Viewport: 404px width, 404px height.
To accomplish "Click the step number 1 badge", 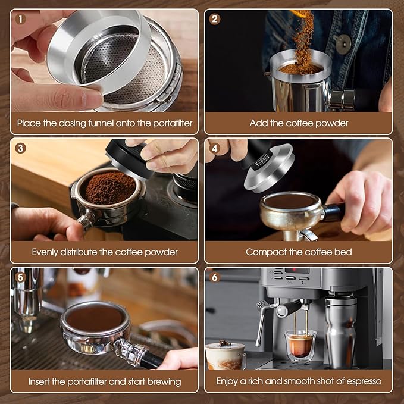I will click(21, 18).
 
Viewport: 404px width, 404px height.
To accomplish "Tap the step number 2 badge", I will click(215, 18).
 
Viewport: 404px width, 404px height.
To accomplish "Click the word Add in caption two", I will click(258, 123).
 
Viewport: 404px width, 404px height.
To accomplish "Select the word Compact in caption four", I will click(264, 252).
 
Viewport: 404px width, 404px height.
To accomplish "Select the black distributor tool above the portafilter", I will click(129, 158).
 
